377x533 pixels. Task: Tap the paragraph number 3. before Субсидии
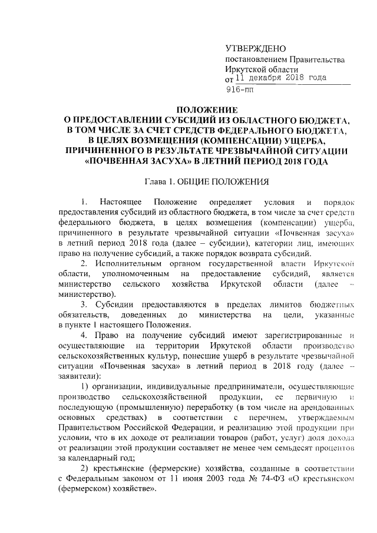point(85,304)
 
